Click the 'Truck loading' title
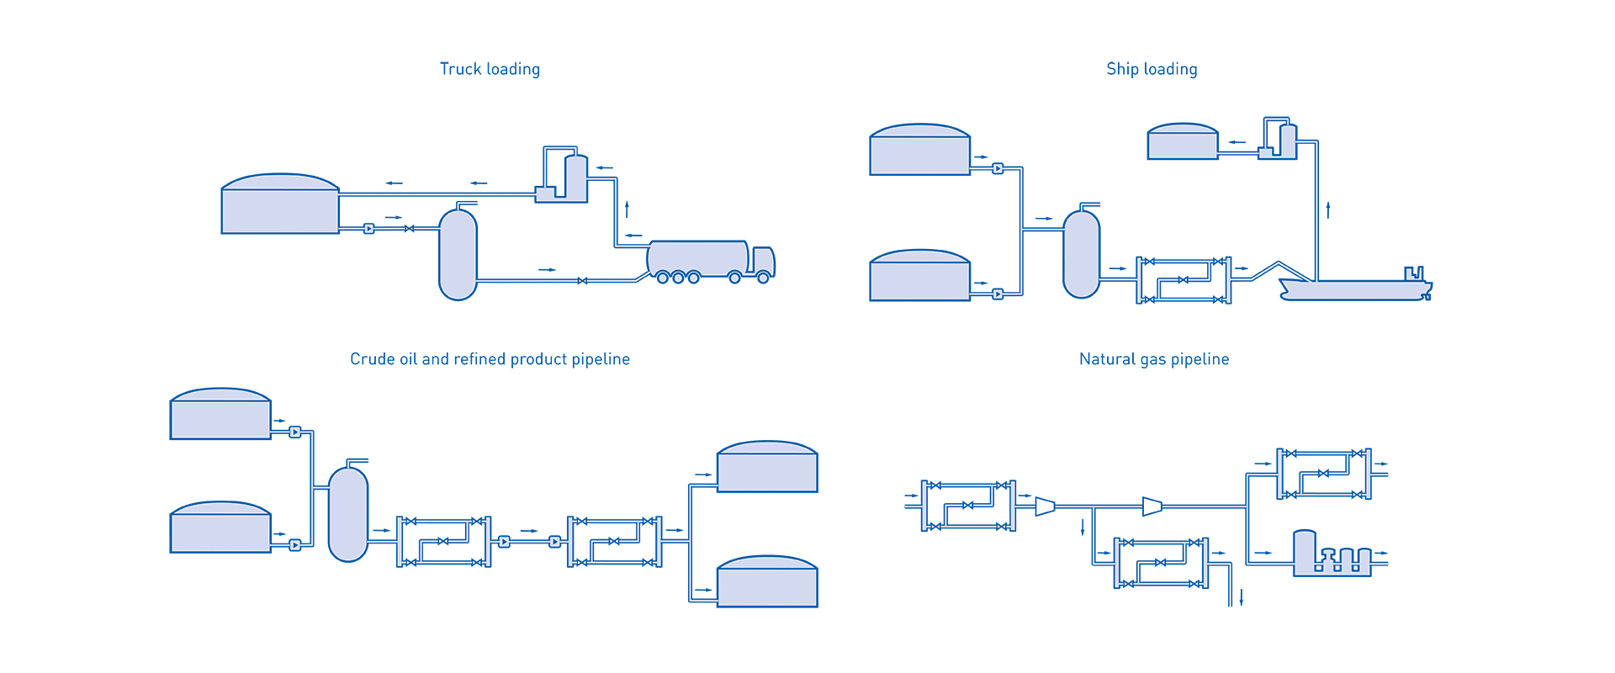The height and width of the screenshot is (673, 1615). [x=490, y=69]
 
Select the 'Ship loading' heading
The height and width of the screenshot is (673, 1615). [x=1152, y=69]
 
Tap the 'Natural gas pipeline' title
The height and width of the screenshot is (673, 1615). [x=1154, y=359]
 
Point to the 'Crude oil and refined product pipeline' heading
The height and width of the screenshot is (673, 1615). [x=490, y=359]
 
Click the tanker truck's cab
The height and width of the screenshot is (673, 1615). [x=763, y=262]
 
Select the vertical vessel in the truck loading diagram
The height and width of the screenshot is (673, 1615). [x=458, y=254]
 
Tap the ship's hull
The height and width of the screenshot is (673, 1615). [x=1354, y=289]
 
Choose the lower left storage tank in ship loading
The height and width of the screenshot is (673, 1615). [x=920, y=275]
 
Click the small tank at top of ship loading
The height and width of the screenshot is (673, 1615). [x=1183, y=141]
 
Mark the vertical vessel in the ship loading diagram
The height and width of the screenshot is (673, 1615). [x=1082, y=254]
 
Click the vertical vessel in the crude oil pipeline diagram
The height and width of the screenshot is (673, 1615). [x=348, y=514]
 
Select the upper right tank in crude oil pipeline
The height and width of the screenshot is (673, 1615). [x=767, y=467]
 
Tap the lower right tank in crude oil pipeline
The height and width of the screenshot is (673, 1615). [x=767, y=581]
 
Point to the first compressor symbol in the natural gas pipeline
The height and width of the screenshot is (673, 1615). [x=1045, y=506]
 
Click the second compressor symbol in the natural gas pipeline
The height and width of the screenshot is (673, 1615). [x=1152, y=506]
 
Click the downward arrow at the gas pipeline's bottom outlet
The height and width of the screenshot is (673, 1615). [x=1242, y=597]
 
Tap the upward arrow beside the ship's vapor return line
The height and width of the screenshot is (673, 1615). [x=1328, y=209]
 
